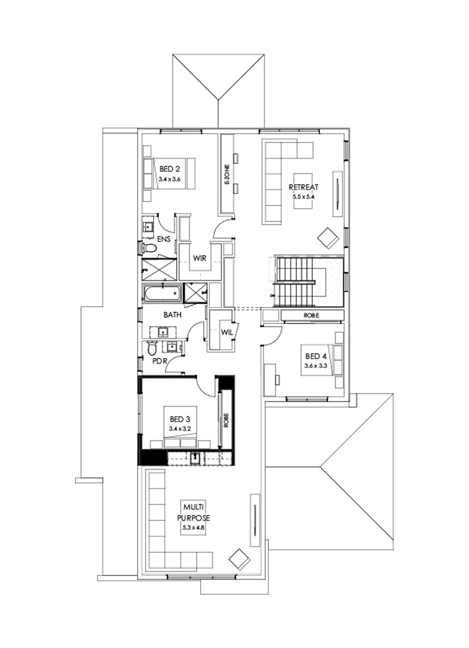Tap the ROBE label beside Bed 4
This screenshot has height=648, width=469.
coord(312,315)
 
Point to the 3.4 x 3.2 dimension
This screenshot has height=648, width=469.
coord(180,428)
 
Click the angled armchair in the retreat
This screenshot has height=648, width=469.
coord(328,238)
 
